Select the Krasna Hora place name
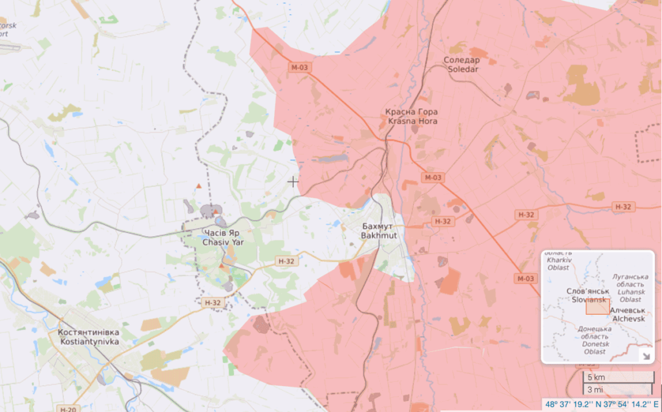click(412, 121)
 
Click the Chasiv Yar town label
click(221, 242)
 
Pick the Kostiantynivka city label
click(89, 341)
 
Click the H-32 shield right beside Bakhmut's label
click(442, 221)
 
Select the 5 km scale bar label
click(595, 377)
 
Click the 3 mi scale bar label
click(594, 389)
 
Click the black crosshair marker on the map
click(293, 182)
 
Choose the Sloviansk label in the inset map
click(587, 300)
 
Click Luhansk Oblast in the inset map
click(630, 292)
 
